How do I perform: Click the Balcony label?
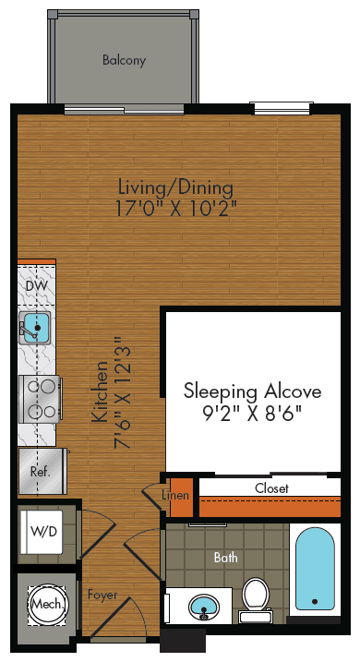[125, 61]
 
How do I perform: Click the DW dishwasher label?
[35, 286]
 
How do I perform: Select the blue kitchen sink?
[36, 325]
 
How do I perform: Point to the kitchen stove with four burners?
[39, 399]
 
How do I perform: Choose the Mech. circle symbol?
[47, 604]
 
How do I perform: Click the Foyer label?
[102, 596]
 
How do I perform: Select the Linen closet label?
[175, 496]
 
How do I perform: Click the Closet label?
[272, 487]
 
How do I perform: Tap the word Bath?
[225, 558]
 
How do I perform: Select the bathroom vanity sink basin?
[204, 607]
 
